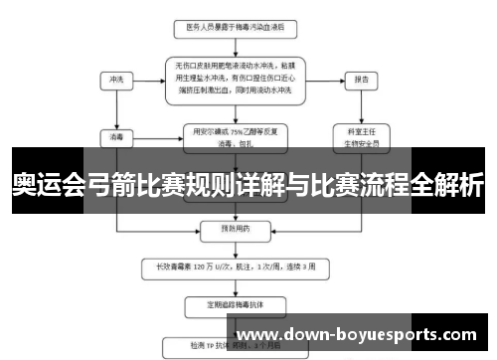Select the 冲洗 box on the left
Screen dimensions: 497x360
[118, 80]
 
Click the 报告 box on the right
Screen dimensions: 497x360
[361, 80]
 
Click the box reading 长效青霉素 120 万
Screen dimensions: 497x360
[235, 267]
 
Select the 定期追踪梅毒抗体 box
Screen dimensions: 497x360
[235, 301]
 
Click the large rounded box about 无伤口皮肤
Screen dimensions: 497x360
[235, 78]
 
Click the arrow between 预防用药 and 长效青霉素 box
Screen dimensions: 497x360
[235, 247]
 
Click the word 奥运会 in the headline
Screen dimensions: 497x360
[50, 185]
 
